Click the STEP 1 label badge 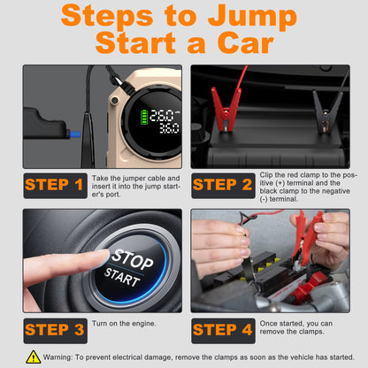click(x=56, y=186)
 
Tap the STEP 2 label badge click(x=223, y=186)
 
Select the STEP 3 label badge click(x=56, y=331)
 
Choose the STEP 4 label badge click(x=223, y=331)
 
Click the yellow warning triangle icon click(x=34, y=357)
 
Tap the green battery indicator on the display click(x=144, y=117)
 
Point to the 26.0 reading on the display click(x=162, y=116)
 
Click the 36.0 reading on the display click(x=169, y=128)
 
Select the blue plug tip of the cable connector click(x=75, y=134)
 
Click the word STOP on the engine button click(x=133, y=259)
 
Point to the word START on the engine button click(x=122, y=277)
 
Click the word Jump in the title click(x=252, y=17)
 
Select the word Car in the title click(x=246, y=43)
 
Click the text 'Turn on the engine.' click(x=124, y=324)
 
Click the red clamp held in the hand click(x=307, y=237)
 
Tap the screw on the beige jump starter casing click(x=115, y=101)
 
